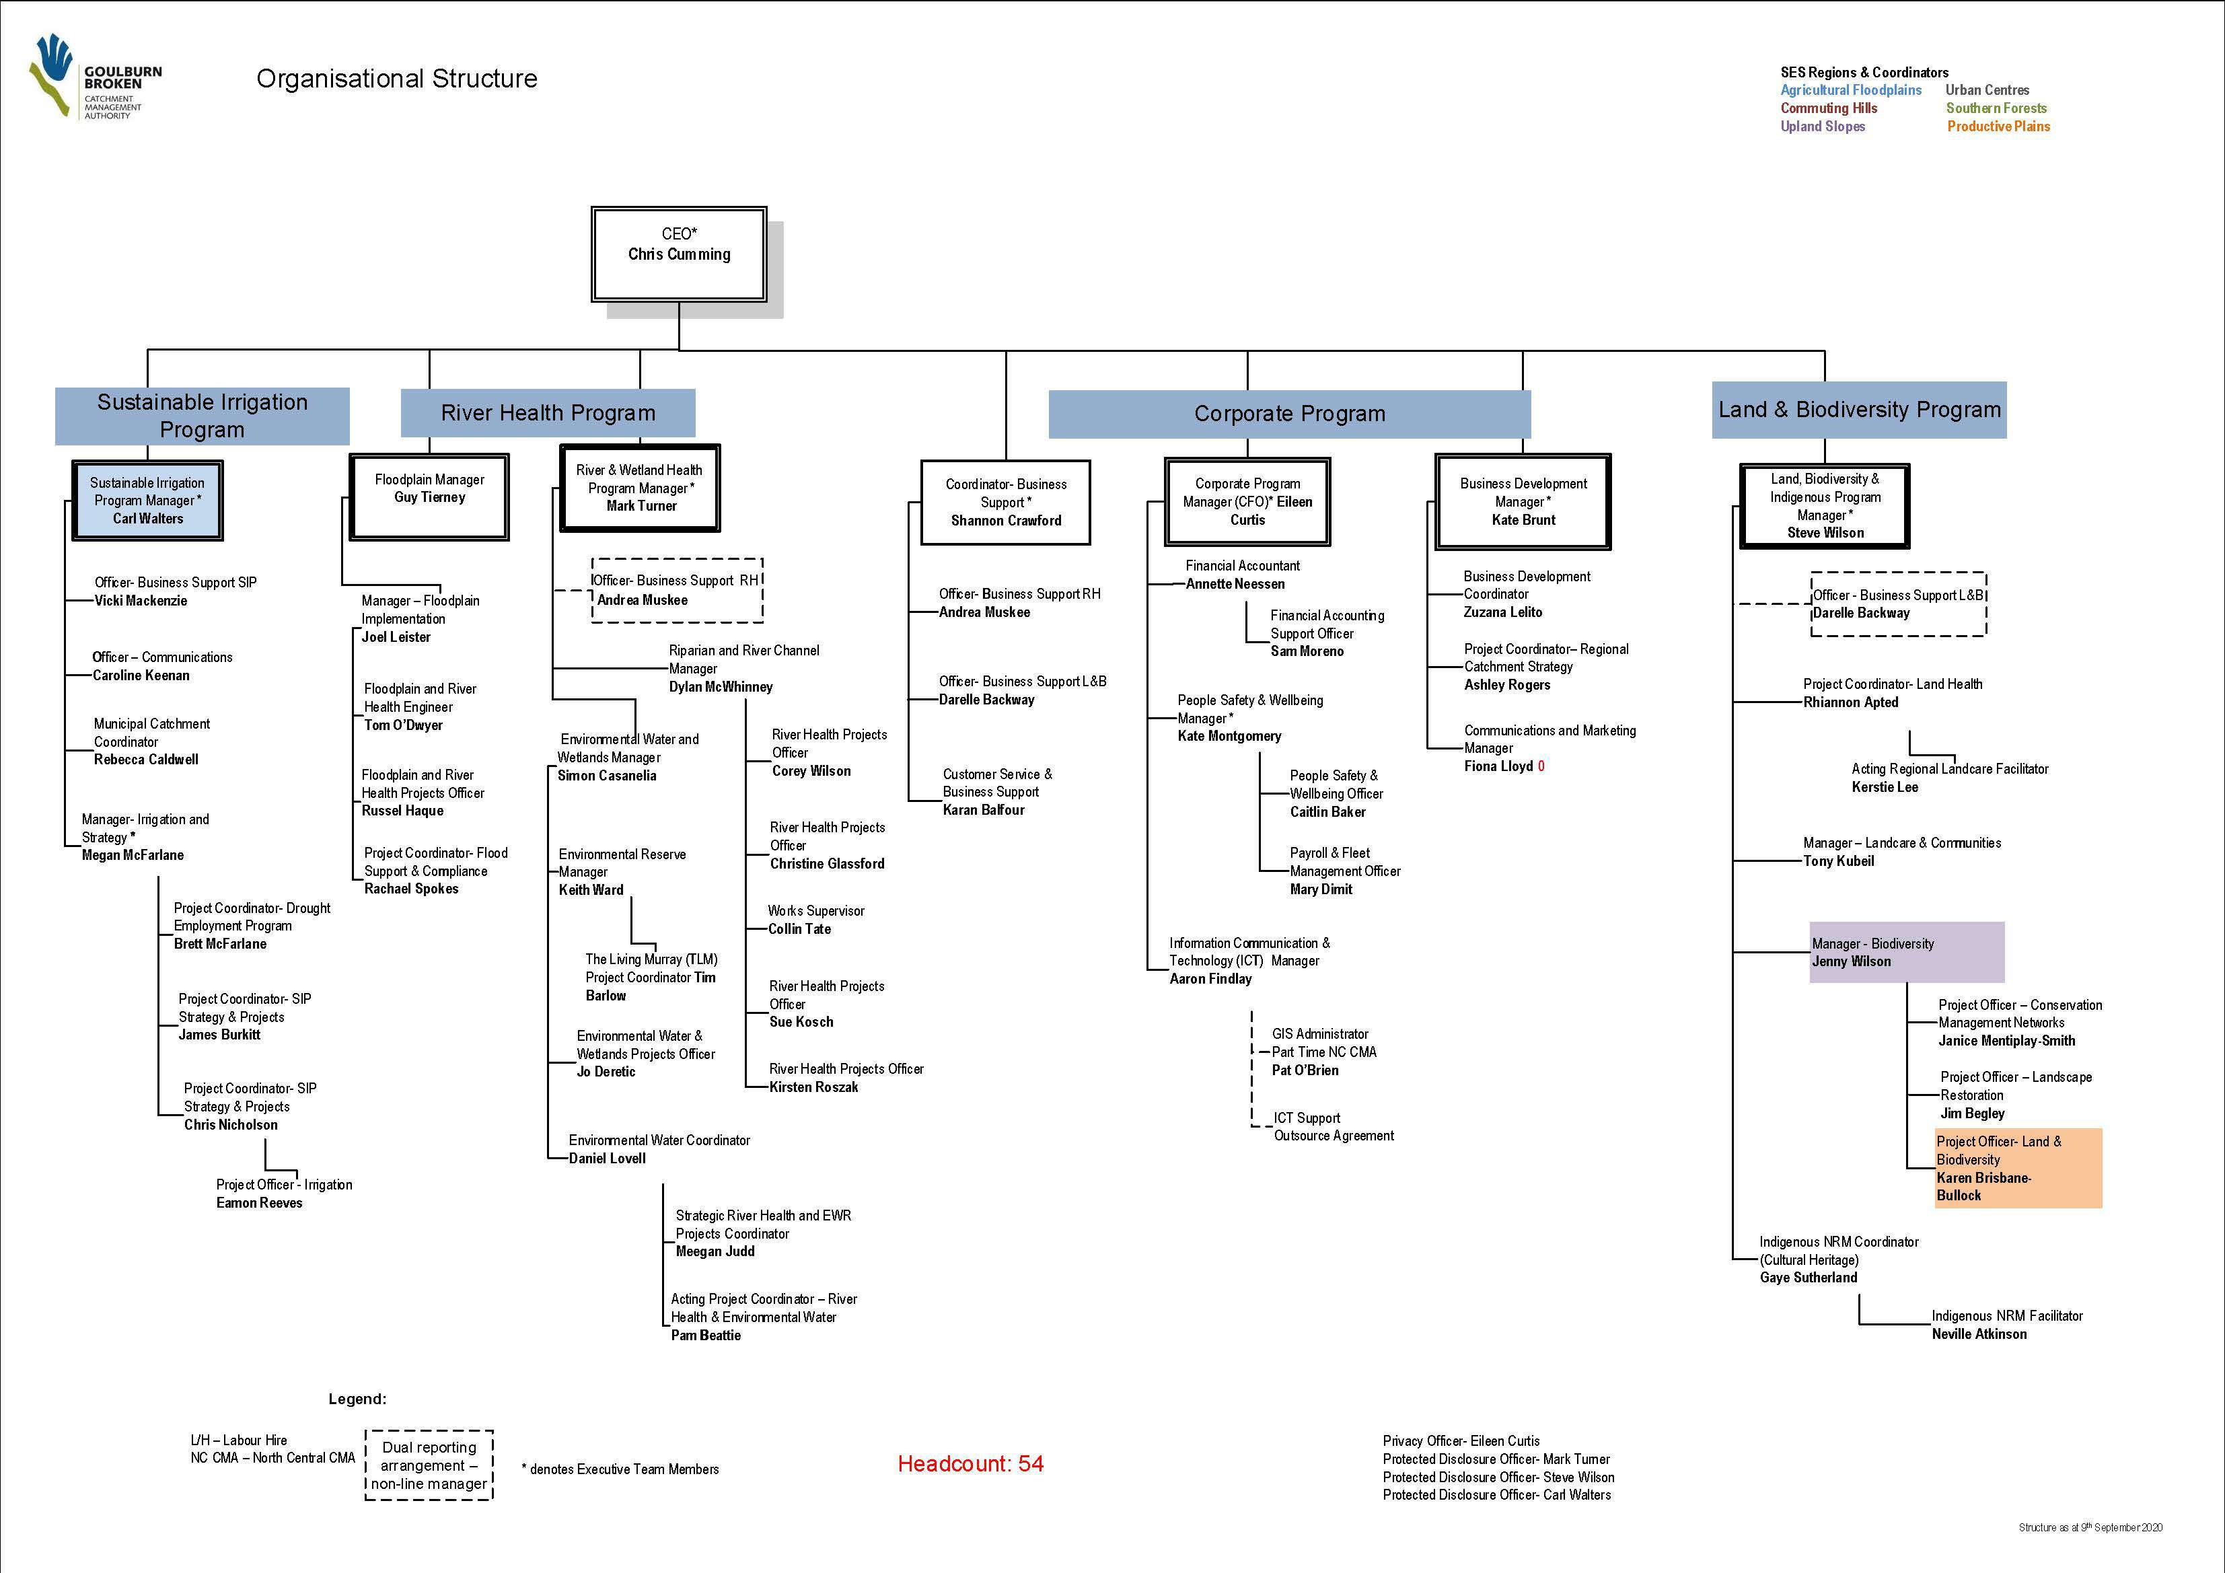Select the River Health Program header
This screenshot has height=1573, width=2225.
(548, 413)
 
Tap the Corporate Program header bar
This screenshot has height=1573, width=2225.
(1289, 414)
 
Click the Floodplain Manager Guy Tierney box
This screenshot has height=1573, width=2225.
(429, 497)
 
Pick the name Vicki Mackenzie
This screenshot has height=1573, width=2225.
(141, 601)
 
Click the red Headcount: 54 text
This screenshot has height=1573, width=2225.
(970, 1463)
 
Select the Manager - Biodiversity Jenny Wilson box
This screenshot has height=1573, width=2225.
(1905, 952)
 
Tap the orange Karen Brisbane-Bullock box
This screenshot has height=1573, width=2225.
(2018, 1168)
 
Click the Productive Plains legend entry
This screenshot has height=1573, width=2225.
(1998, 126)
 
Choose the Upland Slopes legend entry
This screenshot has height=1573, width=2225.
(1822, 126)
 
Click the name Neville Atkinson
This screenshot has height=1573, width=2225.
(1979, 1335)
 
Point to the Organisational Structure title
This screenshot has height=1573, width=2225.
(396, 79)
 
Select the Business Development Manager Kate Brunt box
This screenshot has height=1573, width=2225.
(1523, 501)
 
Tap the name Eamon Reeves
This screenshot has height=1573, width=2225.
(259, 1203)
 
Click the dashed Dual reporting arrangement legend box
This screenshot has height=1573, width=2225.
(429, 1465)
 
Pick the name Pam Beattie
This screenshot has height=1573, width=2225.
(706, 1336)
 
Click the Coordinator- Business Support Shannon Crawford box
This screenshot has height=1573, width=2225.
(1005, 502)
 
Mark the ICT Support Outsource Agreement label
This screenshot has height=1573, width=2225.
(1332, 1127)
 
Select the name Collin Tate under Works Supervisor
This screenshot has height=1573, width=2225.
(799, 928)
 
